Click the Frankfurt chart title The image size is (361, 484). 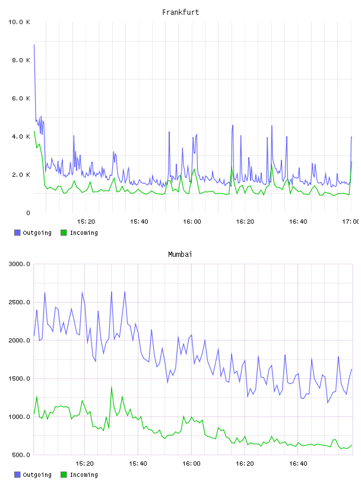tap(180, 12)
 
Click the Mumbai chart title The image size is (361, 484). tap(180, 254)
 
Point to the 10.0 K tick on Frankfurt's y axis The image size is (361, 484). tap(19, 22)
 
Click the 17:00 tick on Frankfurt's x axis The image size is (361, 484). tap(350, 222)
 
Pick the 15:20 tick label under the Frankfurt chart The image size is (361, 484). tap(86, 222)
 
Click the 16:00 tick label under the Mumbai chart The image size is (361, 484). tap(192, 464)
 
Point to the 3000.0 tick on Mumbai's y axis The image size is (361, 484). tap(19, 264)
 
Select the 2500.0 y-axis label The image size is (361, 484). tap(19, 302)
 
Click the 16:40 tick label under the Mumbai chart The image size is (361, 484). tap(298, 464)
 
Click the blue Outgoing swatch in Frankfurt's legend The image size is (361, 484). tap(17, 233)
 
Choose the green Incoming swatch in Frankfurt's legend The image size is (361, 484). tap(64, 233)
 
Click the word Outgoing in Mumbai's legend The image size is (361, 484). tap(37, 475)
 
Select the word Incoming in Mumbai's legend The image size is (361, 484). tap(84, 475)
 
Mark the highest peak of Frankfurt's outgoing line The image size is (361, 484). tap(34, 44)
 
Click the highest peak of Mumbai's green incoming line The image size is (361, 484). tap(111, 387)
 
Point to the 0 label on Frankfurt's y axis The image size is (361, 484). tap(28, 213)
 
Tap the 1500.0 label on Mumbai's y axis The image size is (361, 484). tap(19, 379)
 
